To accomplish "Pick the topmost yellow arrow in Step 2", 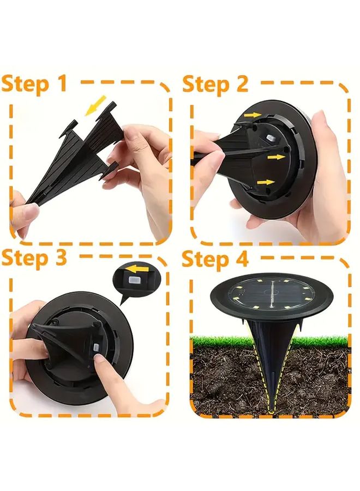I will coord(252,115).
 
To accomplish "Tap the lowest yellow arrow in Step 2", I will coord(266,182).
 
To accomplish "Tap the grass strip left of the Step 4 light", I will coord(215,341).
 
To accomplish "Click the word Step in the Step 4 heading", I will coord(206,259).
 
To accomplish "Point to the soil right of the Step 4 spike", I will coord(316,376).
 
